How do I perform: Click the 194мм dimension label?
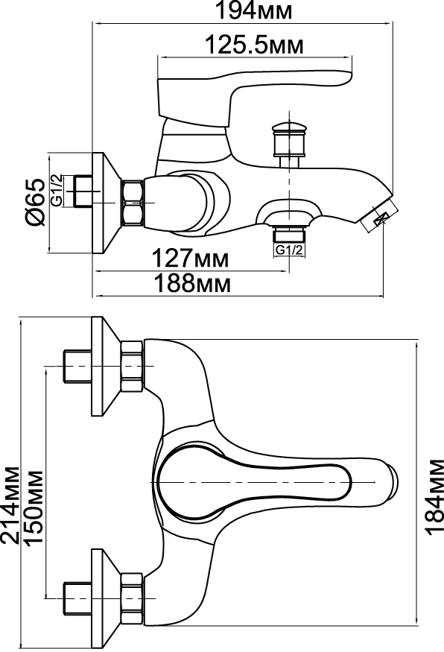(x=253, y=11)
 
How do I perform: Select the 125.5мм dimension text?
(x=255, y=45)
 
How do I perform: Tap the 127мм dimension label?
(x=189, y=258)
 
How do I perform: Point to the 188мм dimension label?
(x=191, y=284)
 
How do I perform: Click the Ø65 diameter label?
(x=35, y=203)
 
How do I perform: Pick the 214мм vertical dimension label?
(x=10, y=505)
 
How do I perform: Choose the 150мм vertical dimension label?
(x=34, y=508)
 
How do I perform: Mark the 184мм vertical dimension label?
(x=434, y=497)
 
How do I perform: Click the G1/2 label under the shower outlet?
(x=289, y=250)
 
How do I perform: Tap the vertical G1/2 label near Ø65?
(x=57, y=190)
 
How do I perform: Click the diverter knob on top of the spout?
(x=288, y=140)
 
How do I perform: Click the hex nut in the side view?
(x=132, y=203)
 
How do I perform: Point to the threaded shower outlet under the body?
(x=289, y=235)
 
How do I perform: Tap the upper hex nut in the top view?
(x=132, y=366)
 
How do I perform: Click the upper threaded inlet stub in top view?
(x=77, y=366)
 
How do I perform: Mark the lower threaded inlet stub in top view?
(x=77, y=598)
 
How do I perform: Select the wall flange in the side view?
(x=106, y=203)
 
